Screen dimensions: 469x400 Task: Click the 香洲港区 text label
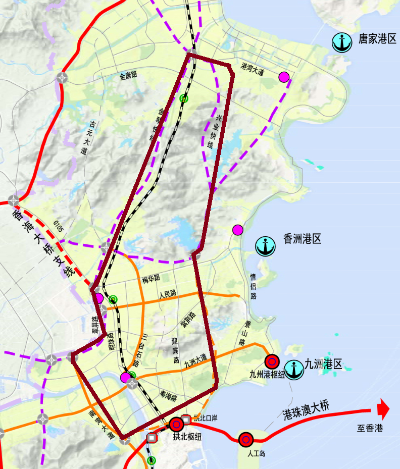[303, 239]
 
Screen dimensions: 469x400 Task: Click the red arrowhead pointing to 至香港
[384, 409]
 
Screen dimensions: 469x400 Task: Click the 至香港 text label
[370, 429]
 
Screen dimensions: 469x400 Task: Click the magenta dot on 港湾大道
[284, 77]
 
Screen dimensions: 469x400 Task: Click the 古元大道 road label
[87, 137]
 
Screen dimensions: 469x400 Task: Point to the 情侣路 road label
[253, 286]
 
